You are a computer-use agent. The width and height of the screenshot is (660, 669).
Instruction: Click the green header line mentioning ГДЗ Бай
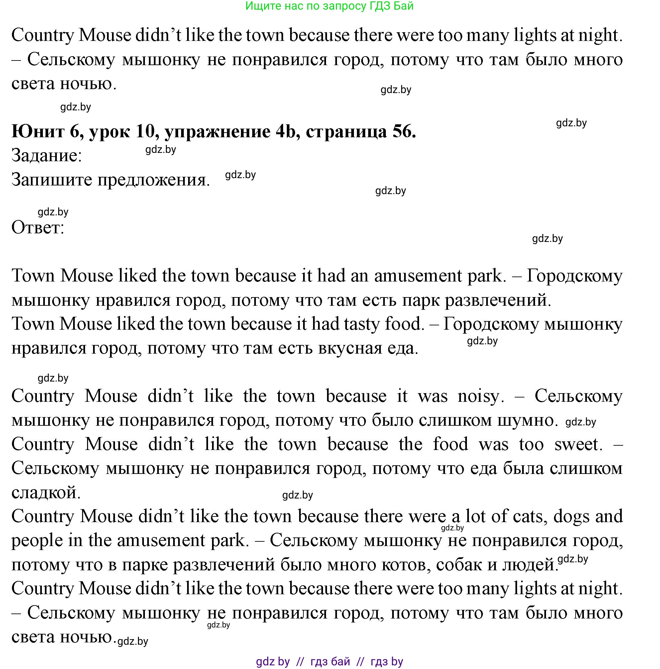coord(329,6)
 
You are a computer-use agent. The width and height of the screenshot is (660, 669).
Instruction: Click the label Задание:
coord(47,156)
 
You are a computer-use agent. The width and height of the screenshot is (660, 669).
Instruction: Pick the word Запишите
coord(52,180)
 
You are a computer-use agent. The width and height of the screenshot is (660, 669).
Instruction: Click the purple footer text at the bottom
coord(329,662)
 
